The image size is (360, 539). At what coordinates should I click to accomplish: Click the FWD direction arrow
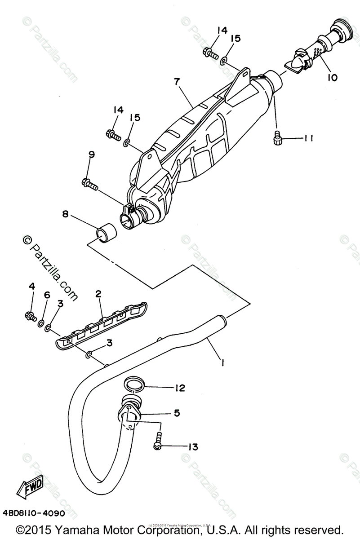click(x=31, y=486)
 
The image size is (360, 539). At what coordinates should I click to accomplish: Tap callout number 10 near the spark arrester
click(x=332, y=78)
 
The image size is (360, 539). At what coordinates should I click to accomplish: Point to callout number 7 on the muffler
click(x=177, y=82)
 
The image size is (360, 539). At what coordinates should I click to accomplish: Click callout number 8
click(x=66, y=215)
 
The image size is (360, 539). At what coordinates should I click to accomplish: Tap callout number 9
click(x=92, y=155)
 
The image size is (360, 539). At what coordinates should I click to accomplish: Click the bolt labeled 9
click(x=90, y=183)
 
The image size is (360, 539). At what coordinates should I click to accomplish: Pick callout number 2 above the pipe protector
click(x=98, y=294)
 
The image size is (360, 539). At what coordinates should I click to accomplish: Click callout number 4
click(x=31, y=286)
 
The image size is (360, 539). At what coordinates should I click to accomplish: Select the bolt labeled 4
click(x=31, y=316)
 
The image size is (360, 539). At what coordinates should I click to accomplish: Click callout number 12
click(x=179, y=388)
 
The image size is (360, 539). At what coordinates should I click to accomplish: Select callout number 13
click(x=192, y=446)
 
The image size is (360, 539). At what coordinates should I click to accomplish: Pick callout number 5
click(x=177, y=413)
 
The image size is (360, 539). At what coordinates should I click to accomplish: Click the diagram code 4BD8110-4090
click(x=34, y=513)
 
